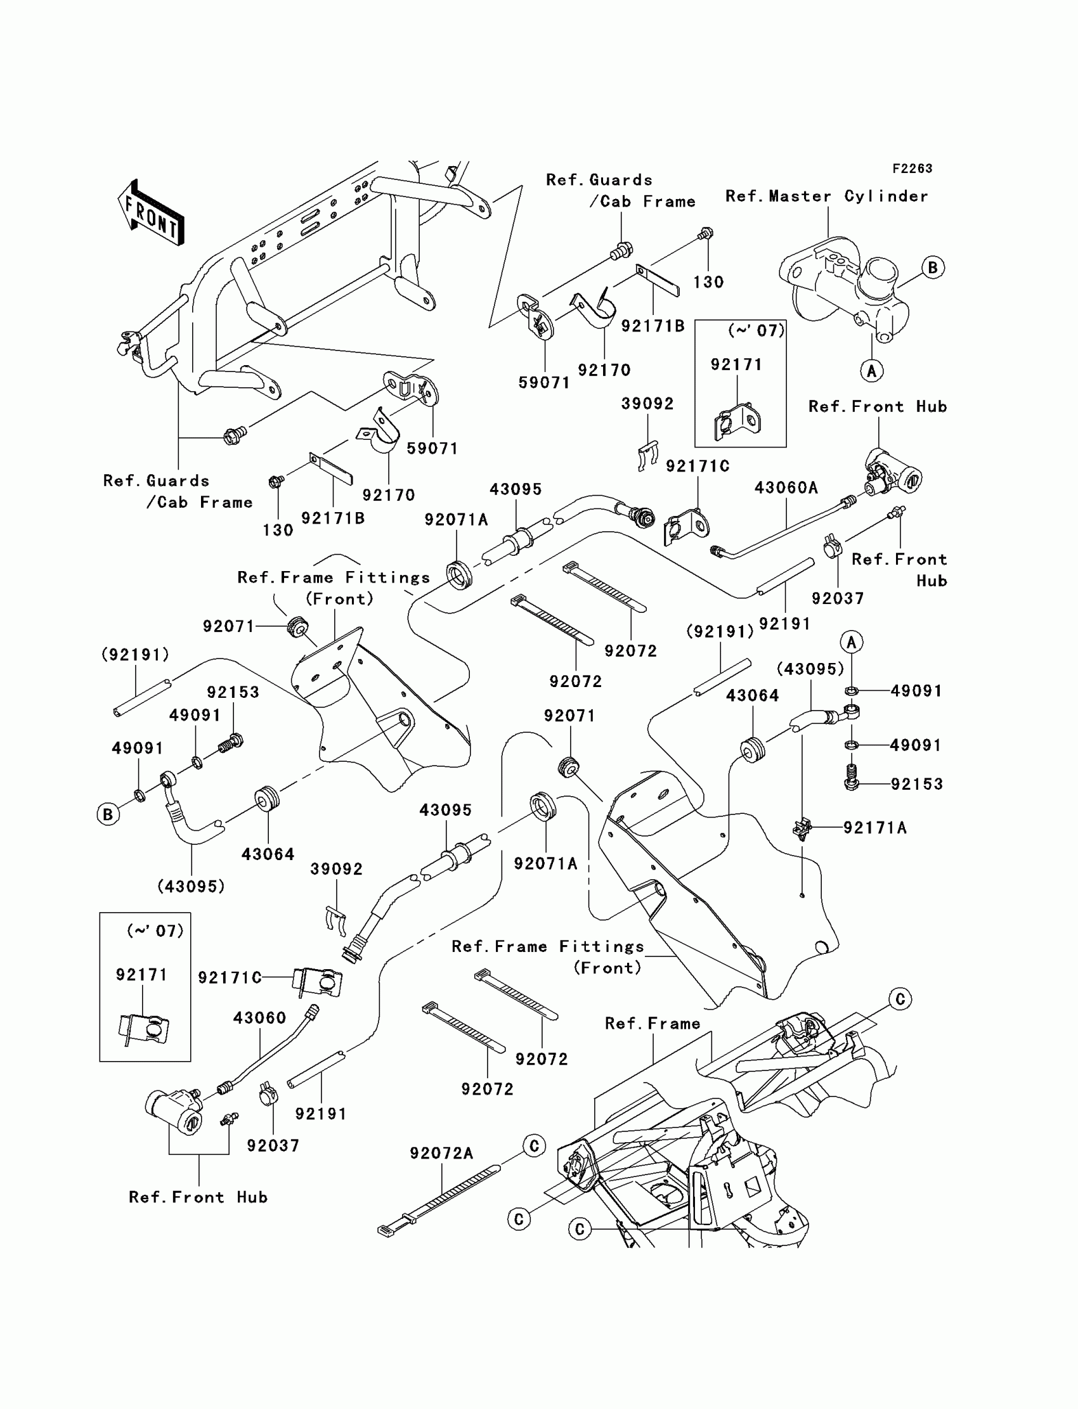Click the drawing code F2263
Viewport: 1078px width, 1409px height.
[x=912, y=169]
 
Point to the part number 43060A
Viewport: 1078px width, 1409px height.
[x=786, y=488]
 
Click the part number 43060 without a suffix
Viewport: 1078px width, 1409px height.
[x=259, y=1018]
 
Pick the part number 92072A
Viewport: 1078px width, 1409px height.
[x=441, y=1154]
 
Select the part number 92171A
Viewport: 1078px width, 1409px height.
[x=874, y=828]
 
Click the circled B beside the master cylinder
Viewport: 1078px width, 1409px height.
[x=933, y=267]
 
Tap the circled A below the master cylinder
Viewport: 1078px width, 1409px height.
[x=871, y=370]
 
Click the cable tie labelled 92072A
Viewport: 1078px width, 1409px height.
[x=439, y=1200]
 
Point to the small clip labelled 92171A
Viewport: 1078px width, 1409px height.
[x=802, y=828]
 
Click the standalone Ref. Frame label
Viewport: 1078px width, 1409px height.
[x=653, y=1024]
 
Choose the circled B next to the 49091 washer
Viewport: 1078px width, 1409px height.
[x=108, y=814]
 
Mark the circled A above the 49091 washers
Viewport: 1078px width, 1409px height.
[x=852, y=641]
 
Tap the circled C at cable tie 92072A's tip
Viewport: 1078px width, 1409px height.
[x=534, y=1146]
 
